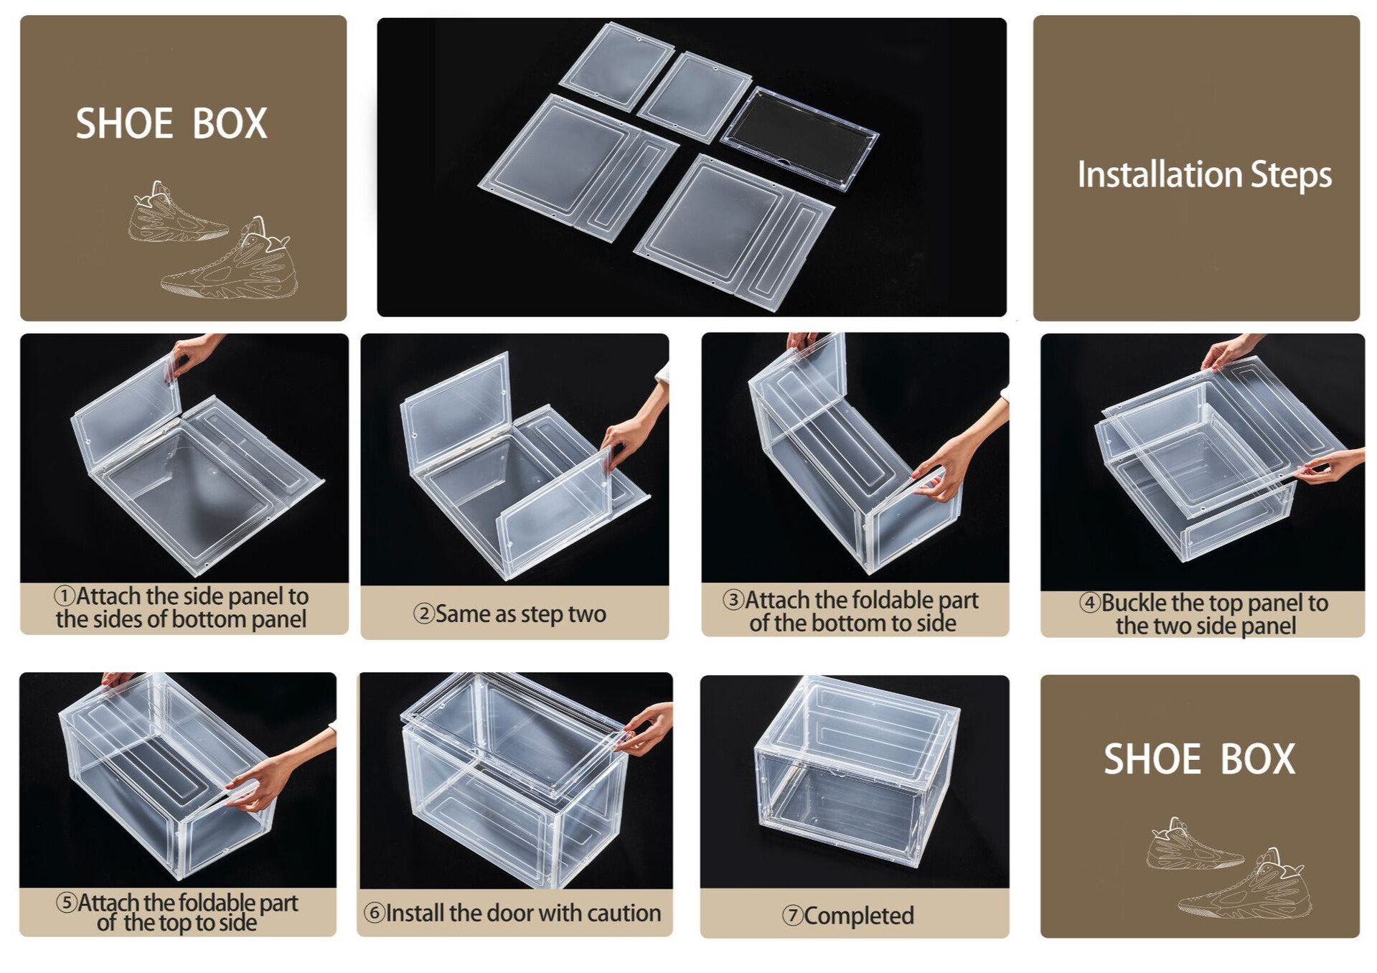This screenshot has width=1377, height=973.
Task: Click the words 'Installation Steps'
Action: tap(1204, 175)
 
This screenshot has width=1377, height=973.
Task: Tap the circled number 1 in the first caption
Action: tap(65, 596)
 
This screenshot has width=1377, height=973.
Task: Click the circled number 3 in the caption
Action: tap(733, 599)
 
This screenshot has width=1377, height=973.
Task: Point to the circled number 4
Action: tap(1090, 602)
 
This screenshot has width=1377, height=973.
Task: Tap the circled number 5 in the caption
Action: tap(67, 902)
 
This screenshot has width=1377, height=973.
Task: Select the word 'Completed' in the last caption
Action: tap(859, 916)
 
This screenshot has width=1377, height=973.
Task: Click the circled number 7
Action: tap(793, 916)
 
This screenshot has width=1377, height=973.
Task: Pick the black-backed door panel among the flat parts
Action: tap(799, 138)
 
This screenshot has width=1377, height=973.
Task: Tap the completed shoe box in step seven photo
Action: tap(856, 769)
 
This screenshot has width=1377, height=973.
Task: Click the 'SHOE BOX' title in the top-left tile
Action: tap(171, 123)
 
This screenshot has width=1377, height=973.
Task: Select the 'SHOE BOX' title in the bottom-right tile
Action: tap(1199, 759)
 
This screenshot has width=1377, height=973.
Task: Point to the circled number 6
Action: tap(375, 913)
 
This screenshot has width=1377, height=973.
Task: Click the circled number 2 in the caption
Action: tap(424, 614)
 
